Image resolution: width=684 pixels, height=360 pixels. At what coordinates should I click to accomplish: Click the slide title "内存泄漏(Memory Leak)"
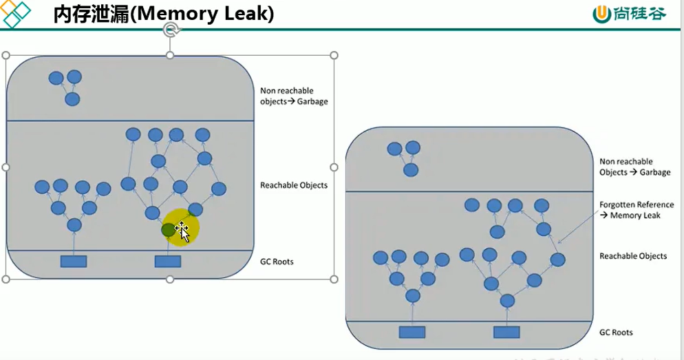tap(164, 14)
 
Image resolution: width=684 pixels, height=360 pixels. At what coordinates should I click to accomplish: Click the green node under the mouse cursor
tap(168, 230)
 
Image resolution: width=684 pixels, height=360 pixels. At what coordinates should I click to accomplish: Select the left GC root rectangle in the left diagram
tap(74, 261)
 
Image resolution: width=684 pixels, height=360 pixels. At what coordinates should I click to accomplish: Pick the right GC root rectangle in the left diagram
tap(168, 261)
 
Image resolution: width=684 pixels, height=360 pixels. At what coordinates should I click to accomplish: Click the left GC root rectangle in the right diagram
tap(412, 332)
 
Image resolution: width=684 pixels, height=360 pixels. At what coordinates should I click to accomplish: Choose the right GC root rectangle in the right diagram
tap(506, 332)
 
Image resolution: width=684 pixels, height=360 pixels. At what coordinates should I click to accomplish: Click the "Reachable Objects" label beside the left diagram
tap(294, 185)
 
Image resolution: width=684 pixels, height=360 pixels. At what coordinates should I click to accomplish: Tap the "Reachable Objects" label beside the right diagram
tap(633, 256)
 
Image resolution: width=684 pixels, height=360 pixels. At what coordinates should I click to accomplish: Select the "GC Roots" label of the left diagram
tap(277, 262)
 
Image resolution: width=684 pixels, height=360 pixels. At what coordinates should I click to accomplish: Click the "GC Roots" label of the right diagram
tap(616, 332)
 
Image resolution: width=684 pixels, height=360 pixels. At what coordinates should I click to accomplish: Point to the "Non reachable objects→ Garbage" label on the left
tap(294, 96)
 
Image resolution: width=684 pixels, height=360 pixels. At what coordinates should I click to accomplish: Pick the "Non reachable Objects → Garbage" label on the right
tap(634, 167)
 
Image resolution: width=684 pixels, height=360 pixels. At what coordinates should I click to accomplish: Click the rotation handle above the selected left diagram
tap(171, 30)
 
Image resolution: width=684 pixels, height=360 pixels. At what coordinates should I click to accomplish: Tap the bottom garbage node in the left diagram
tap(72, 100)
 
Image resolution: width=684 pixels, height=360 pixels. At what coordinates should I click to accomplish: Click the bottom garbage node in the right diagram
tap(411, 170)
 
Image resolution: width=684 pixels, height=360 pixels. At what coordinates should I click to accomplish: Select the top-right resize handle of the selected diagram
tap(334, 55)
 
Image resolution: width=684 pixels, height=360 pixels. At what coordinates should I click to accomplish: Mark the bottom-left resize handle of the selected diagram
tap(6, 279)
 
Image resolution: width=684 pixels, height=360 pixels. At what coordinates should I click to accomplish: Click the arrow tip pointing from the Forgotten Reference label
tap(558, 242)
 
